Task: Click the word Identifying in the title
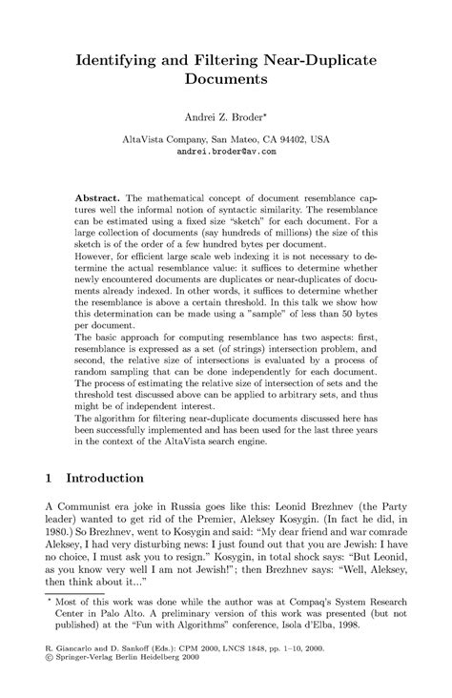click(121, 60)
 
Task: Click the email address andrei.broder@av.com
click(226, 151)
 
